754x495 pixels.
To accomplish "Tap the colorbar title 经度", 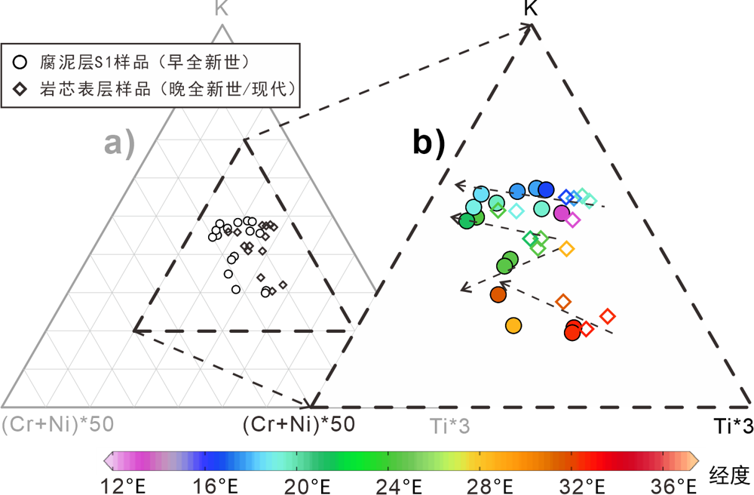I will [x=730, y=475].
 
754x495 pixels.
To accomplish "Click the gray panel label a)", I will [x=119, y=143].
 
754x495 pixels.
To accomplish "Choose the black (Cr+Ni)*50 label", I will [x=299, y=424].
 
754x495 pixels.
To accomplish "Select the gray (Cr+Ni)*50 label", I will [x=58, y=424].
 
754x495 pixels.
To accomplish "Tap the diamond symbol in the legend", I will [x=22, y=88].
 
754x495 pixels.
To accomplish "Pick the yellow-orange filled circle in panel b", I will [x=513, y=325].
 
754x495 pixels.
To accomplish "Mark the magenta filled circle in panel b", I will [x=561, y=213].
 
